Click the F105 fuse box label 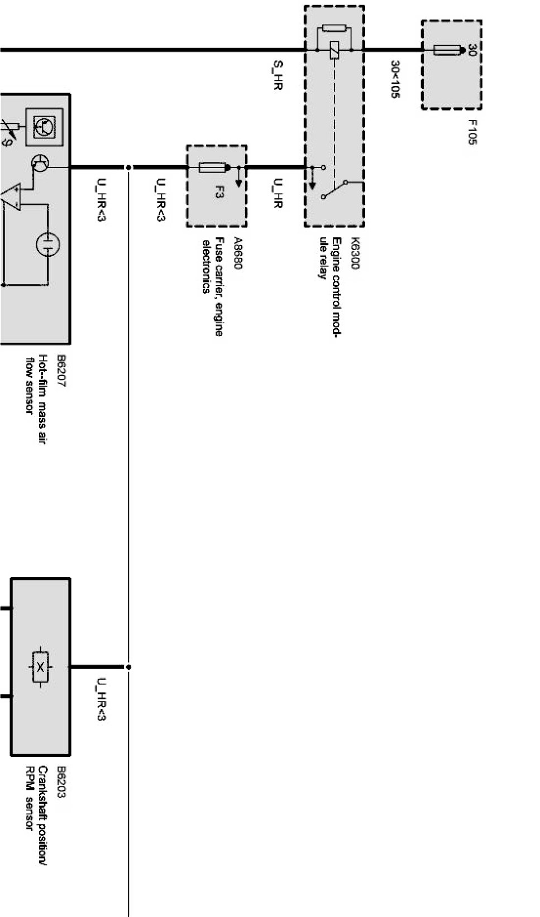click(472, 132)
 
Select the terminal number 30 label click(472, 50)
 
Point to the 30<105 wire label click(395, 79)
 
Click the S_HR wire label click(278, 76)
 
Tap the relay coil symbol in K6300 click(334, 50)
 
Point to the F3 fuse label click(219, 193)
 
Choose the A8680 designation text click(238, 254)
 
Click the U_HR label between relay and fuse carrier click(278, 193)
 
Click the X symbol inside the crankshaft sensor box click(41, 666)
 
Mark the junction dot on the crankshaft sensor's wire click(128, 667)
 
